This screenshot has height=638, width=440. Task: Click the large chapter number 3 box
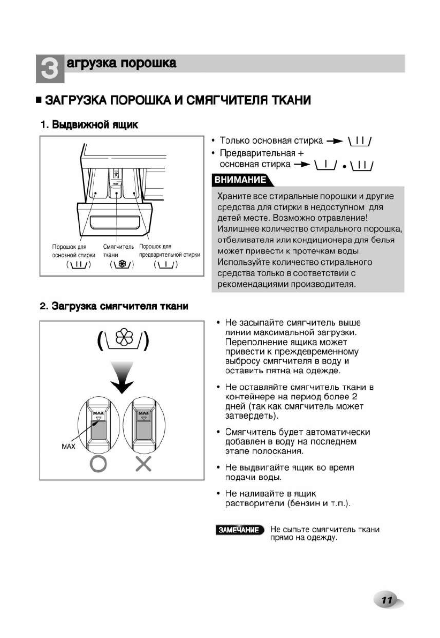[x=49, y=69]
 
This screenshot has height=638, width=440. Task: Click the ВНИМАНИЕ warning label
[x=240, y=179]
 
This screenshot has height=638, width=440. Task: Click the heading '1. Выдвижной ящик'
[x=89, y=125]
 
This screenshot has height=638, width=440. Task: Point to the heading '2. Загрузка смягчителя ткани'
[x=114, y=306]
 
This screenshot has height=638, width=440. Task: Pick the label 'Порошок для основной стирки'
[x=73, y=251]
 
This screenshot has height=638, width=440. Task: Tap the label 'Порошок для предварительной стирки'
[x=169, y=251]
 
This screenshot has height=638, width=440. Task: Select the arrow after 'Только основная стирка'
[x=334, y=142]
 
